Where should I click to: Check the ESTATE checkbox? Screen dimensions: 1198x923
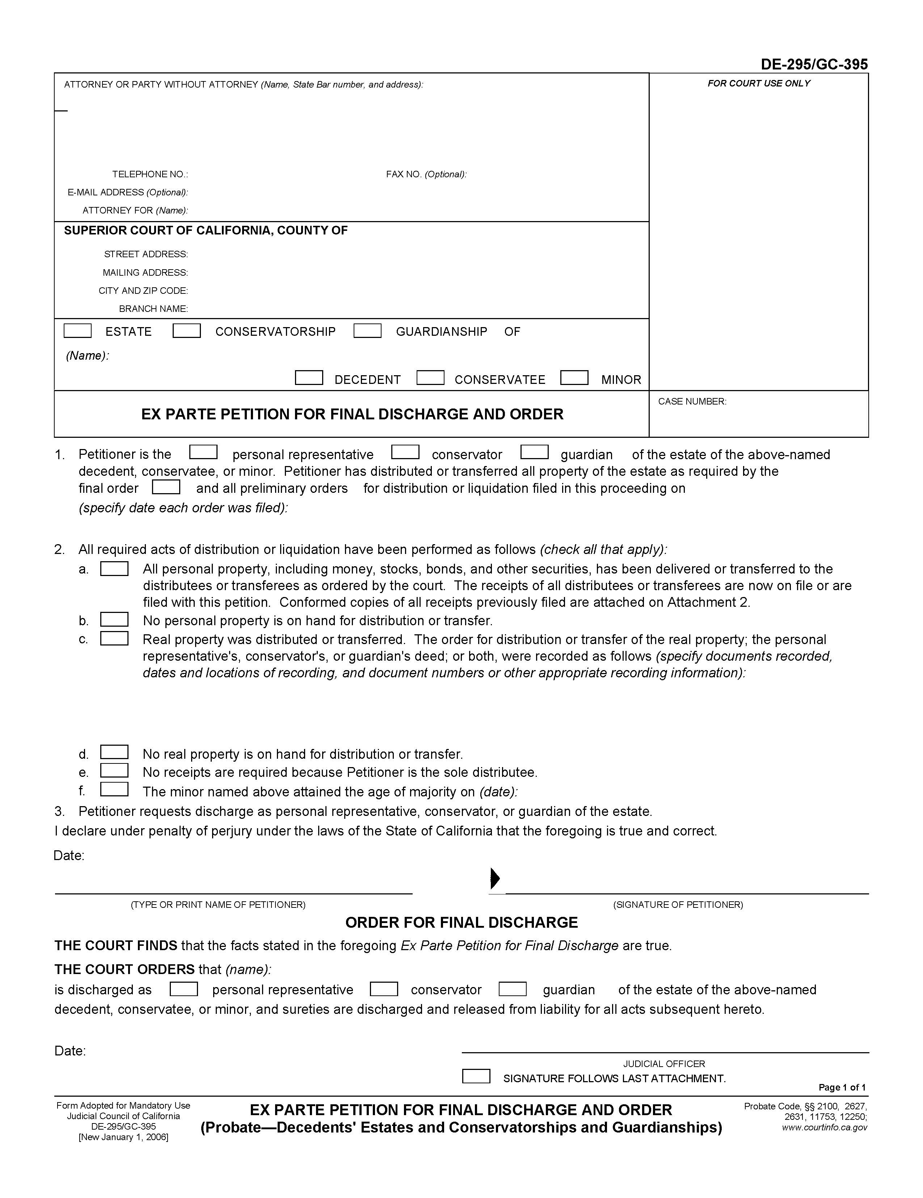click(77, 331)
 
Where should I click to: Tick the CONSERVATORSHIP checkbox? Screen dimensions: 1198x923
click(186, 331)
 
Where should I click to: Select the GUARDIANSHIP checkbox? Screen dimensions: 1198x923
click(367, 331)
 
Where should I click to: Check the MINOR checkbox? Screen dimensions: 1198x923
click(574, 378)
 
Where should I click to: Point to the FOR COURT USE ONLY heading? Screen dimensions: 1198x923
click(758, 83)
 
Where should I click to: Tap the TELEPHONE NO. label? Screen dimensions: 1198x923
click(150, 174)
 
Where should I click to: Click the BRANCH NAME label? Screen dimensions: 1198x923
click(153, 309)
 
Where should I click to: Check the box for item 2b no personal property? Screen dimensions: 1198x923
click(114, 619)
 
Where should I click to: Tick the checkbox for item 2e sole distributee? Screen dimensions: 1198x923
click(114, 771)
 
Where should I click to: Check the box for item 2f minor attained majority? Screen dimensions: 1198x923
click(114, 790)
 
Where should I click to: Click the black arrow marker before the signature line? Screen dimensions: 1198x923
click(494, 878)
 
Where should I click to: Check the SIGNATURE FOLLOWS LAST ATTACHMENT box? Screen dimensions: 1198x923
click(476, 1076)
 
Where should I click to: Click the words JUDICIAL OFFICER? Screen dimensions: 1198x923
click(663, 1064)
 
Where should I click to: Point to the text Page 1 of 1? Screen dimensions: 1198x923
click(842, 1087)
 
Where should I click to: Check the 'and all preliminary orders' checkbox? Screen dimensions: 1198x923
click(166, 487)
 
